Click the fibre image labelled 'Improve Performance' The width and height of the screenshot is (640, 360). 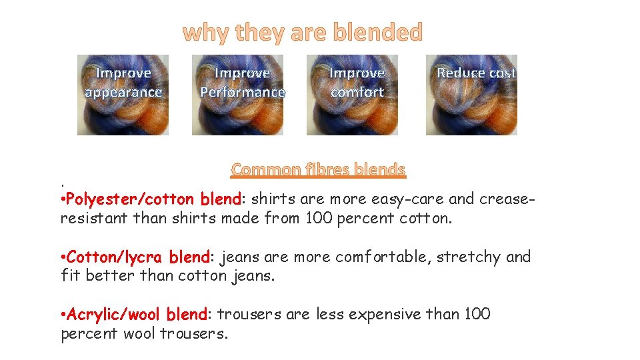tap(238, 113)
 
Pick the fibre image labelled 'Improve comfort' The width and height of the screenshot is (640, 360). tap(353, 113)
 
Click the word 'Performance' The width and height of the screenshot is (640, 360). tap(243, 92)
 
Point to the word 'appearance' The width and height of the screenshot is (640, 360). tap(123, 92)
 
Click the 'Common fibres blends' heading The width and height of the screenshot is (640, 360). tap(318, 169)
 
